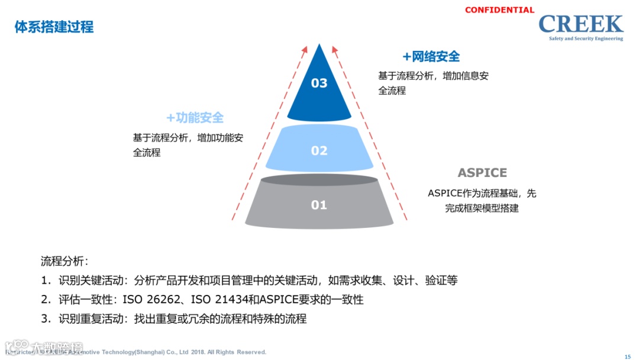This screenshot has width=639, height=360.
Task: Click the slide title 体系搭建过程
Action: coord(54,27)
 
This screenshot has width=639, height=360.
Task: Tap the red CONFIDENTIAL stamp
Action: coord(499,10)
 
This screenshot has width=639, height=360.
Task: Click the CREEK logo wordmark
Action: coord(580,24)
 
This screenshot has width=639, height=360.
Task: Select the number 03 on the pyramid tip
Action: coord(319,83)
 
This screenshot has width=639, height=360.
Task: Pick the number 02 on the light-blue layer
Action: coord(319,150)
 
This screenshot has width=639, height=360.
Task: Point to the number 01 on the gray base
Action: coord(319,205)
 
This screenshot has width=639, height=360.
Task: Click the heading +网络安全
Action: coord(431,57)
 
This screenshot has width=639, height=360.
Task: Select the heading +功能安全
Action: coord(195,118)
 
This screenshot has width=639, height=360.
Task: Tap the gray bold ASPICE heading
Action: coord(482,173)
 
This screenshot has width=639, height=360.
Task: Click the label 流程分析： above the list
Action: coord(64,261)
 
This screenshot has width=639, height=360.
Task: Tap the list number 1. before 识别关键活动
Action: coord(46,281)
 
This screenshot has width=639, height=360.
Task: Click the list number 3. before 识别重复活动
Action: coord(46,319)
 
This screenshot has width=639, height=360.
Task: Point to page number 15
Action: coord(628,356)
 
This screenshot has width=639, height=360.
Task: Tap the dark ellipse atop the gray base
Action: coord(319,179)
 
